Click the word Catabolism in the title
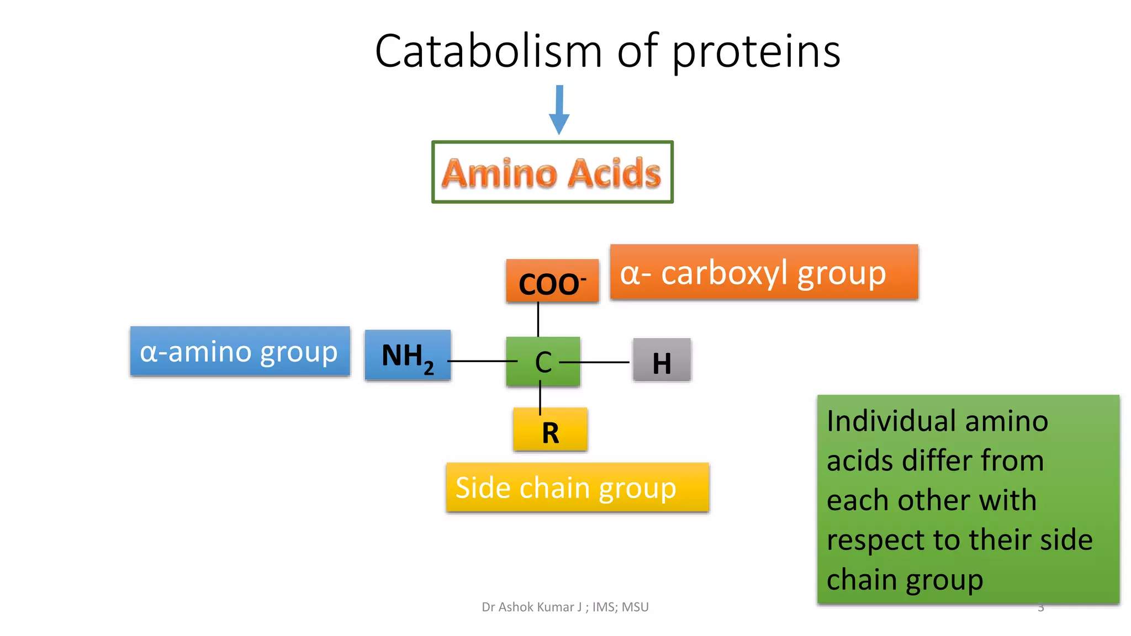pyautogui.click(x=488, y=51)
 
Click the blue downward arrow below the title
pyautogui.click(x=559, y=110)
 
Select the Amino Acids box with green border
pyautogui.click(x=552, y=172)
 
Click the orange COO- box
pyautogui.click(x=552, y=282)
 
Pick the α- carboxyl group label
pyautogui.click(x=764, y=273)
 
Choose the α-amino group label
pyautogui.click(x=240, y=352)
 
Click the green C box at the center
pyautogui.click(x=543, y=362)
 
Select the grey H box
pyautogui.click(x=662, y=361)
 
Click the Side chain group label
pyautogui.click(x=577, y=488)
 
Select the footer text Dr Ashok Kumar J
pyautogui.click(x=531, y=607)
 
